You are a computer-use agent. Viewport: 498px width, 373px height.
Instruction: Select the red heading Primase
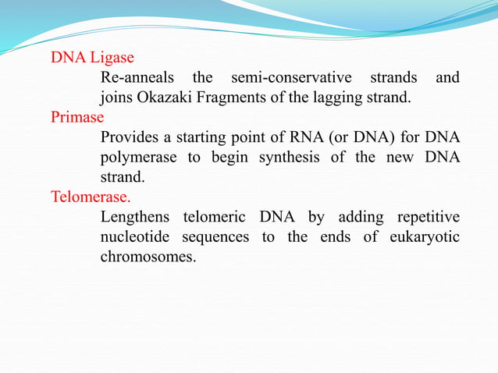[x=77, y=118]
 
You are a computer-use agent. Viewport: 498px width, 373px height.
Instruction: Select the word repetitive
[x=427, y=216]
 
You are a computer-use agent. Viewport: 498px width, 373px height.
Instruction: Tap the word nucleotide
[x=136, y=236]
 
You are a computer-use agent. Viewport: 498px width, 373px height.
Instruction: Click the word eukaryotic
[x=425, y=236]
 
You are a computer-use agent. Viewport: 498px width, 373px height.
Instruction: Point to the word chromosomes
[x=146, y=256]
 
